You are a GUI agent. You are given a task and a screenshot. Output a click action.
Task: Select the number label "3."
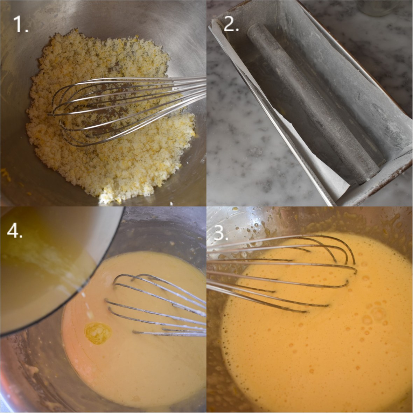coord(221,232)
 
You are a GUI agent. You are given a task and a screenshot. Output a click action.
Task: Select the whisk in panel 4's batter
coord(154,304)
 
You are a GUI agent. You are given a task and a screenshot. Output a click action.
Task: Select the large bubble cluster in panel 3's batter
coord(374,315)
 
